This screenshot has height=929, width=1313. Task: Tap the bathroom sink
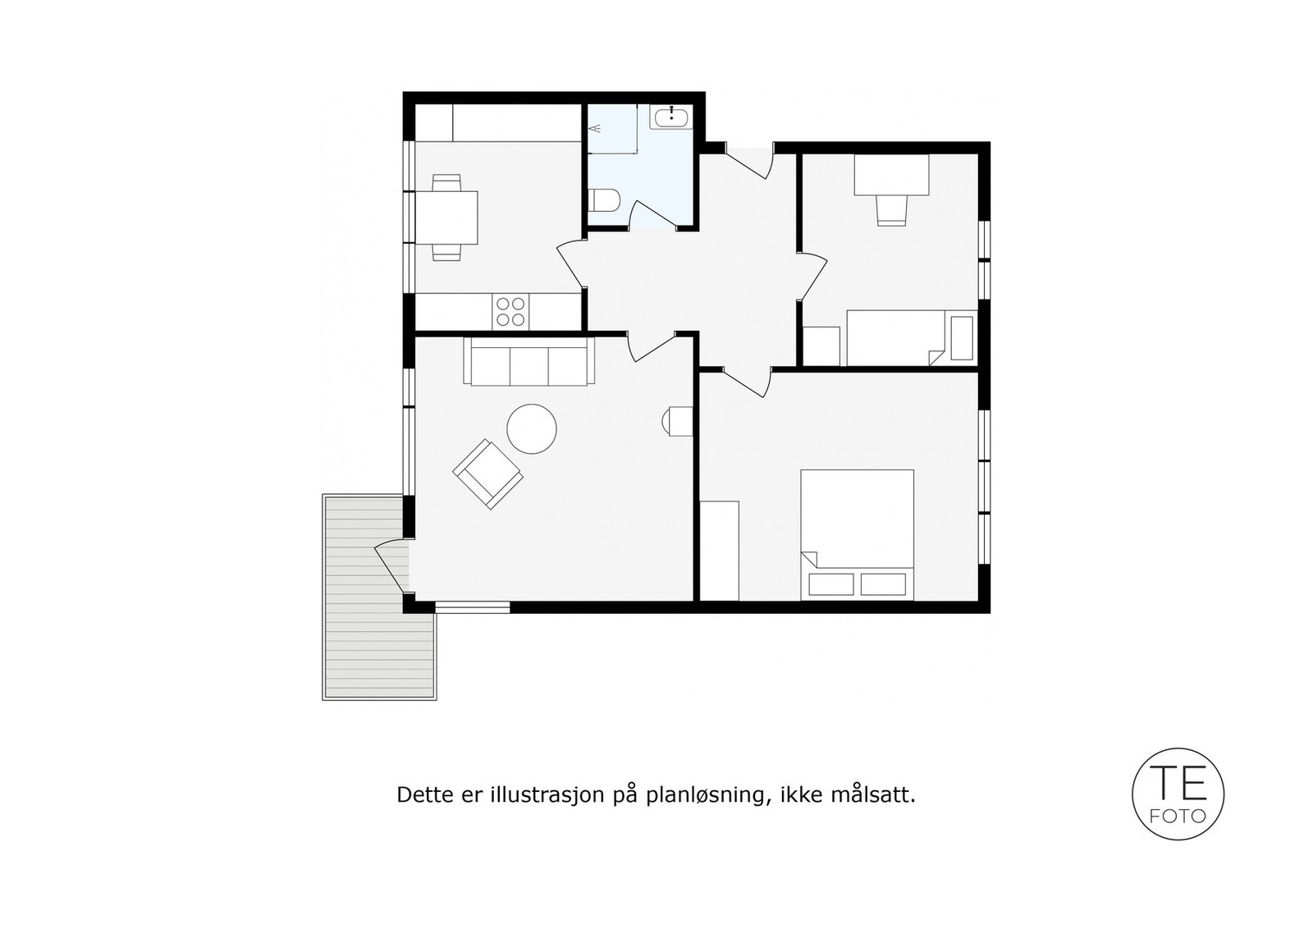click(x=672, y=117)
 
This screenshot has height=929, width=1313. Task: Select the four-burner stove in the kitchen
click(x=510, y=312)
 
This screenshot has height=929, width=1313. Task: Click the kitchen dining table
click(x=447, y=217)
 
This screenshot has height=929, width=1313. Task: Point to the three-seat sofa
click(x=528, y=363)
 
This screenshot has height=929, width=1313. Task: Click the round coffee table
click(x=532, y=428)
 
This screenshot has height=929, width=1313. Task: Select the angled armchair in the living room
click(x=487, y=474)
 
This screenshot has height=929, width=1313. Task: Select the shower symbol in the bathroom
click(x=597, y=129)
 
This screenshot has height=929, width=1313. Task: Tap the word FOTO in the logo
click(x=1178, y=817)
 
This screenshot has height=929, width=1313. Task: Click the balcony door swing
click(x=392, y=566)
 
